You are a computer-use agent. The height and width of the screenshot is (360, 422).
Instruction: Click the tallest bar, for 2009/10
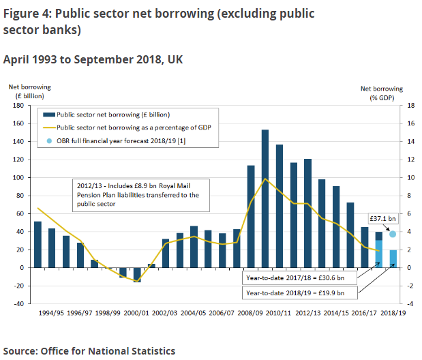click(x=265, y=198)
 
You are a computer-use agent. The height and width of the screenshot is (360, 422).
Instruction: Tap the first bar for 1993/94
click(x=37, y=244)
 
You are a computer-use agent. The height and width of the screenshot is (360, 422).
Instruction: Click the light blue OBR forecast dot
click(x=393, y=234)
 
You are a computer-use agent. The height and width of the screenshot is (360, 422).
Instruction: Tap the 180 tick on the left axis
click(x=18, y=106)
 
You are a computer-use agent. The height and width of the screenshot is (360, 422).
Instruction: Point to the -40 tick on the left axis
click(x=18, y=303)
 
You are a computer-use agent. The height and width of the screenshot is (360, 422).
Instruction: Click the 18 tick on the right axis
click(x=410, y=106)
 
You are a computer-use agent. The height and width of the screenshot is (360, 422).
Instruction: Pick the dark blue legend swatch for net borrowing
click(x=48, y=114)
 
